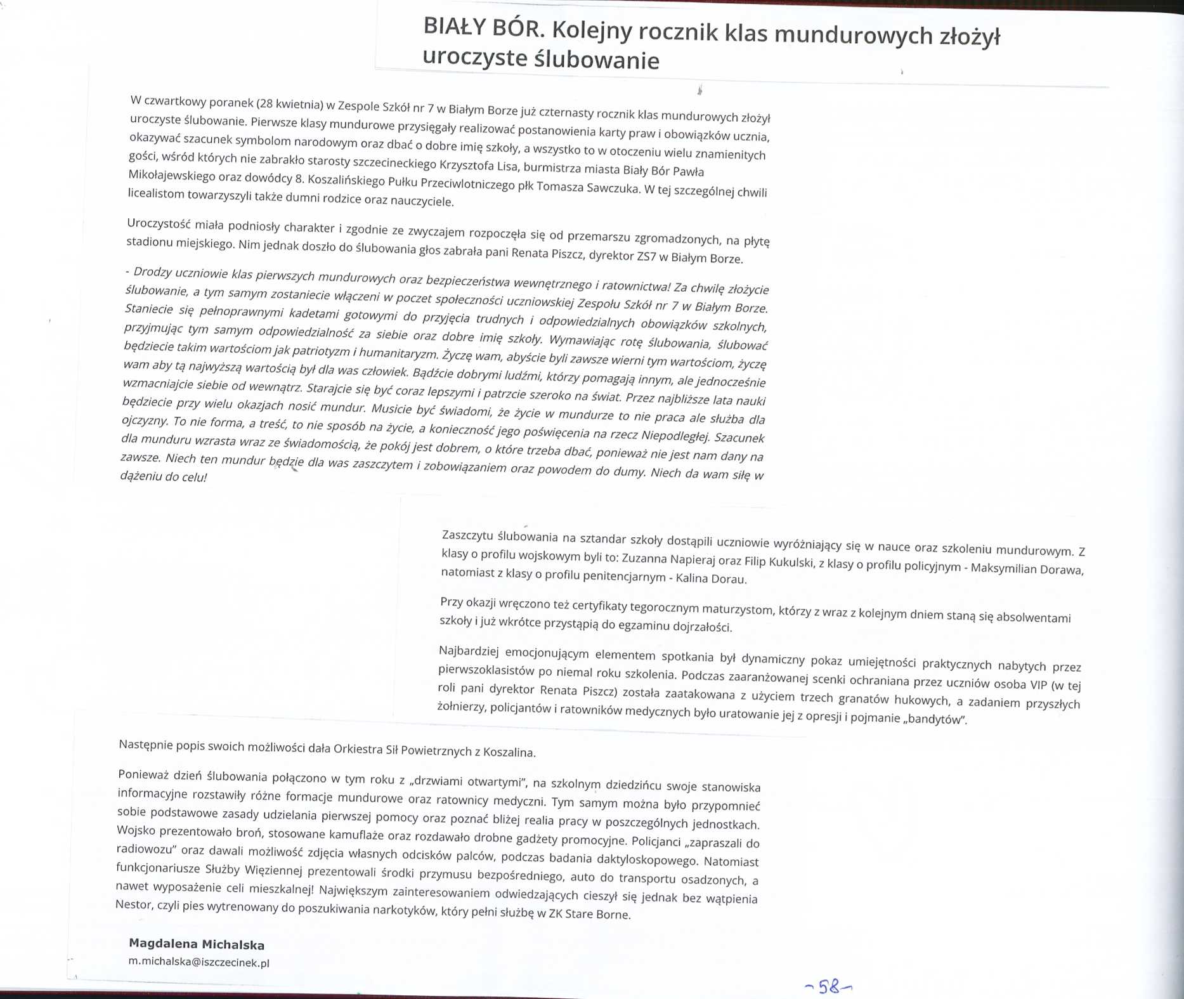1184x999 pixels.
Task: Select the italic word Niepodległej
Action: tap(676, 435)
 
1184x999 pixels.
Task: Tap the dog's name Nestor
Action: tap(133, 904)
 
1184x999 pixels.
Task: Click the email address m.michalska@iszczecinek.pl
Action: tap(198, 962)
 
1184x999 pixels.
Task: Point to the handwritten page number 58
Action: tap(828, 986)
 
